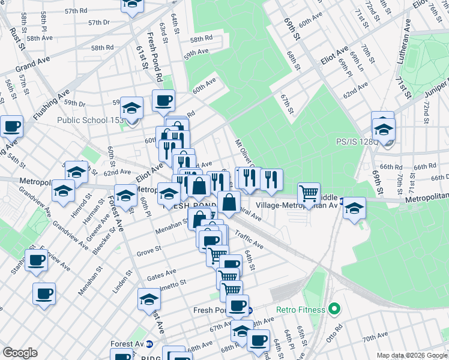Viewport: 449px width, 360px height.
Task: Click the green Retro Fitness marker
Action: click(335, 310)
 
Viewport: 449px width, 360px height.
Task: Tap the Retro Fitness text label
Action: click(300, 310)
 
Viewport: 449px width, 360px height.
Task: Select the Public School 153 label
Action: click(90, 119)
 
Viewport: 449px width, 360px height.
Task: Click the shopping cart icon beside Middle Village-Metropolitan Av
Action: click(309, 193)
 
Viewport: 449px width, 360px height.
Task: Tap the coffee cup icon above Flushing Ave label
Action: click(12, 127)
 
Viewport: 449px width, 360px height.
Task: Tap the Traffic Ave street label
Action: click(249, 239)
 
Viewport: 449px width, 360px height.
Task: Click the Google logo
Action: click(20, 353)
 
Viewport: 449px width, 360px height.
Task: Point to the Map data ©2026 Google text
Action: click(412, 355)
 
